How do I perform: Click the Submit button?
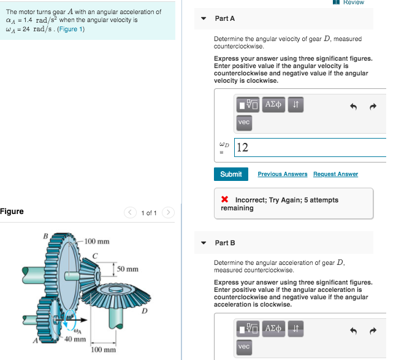(231, 174)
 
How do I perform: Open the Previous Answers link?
(283, 174)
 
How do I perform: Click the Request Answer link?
(335, 174)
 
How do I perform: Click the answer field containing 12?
(310, 147)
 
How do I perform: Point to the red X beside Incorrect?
(225, 200)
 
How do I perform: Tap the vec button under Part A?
(244, 122)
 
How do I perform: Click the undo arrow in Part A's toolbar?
(353, 106)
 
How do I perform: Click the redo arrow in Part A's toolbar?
(371, 106)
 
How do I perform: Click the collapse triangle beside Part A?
(204, 18)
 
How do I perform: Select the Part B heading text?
(225, 243)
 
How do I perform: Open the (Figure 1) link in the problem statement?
(72, 29)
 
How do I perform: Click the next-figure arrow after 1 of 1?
(169, 213)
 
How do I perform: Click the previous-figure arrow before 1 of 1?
(131, 213)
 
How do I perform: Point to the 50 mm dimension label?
(128, 269)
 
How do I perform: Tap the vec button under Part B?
(244, 347)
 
